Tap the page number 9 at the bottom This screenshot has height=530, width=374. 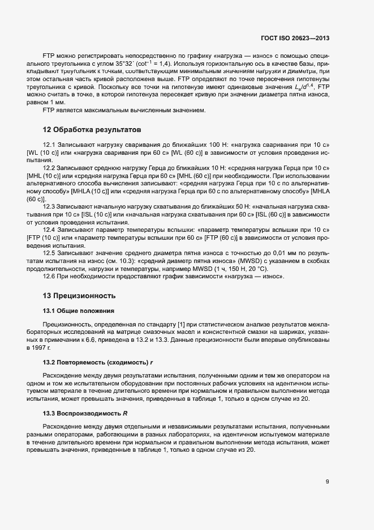[327, 482]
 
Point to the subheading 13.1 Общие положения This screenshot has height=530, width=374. [79, 311]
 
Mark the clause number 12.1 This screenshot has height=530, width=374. [50, 145]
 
